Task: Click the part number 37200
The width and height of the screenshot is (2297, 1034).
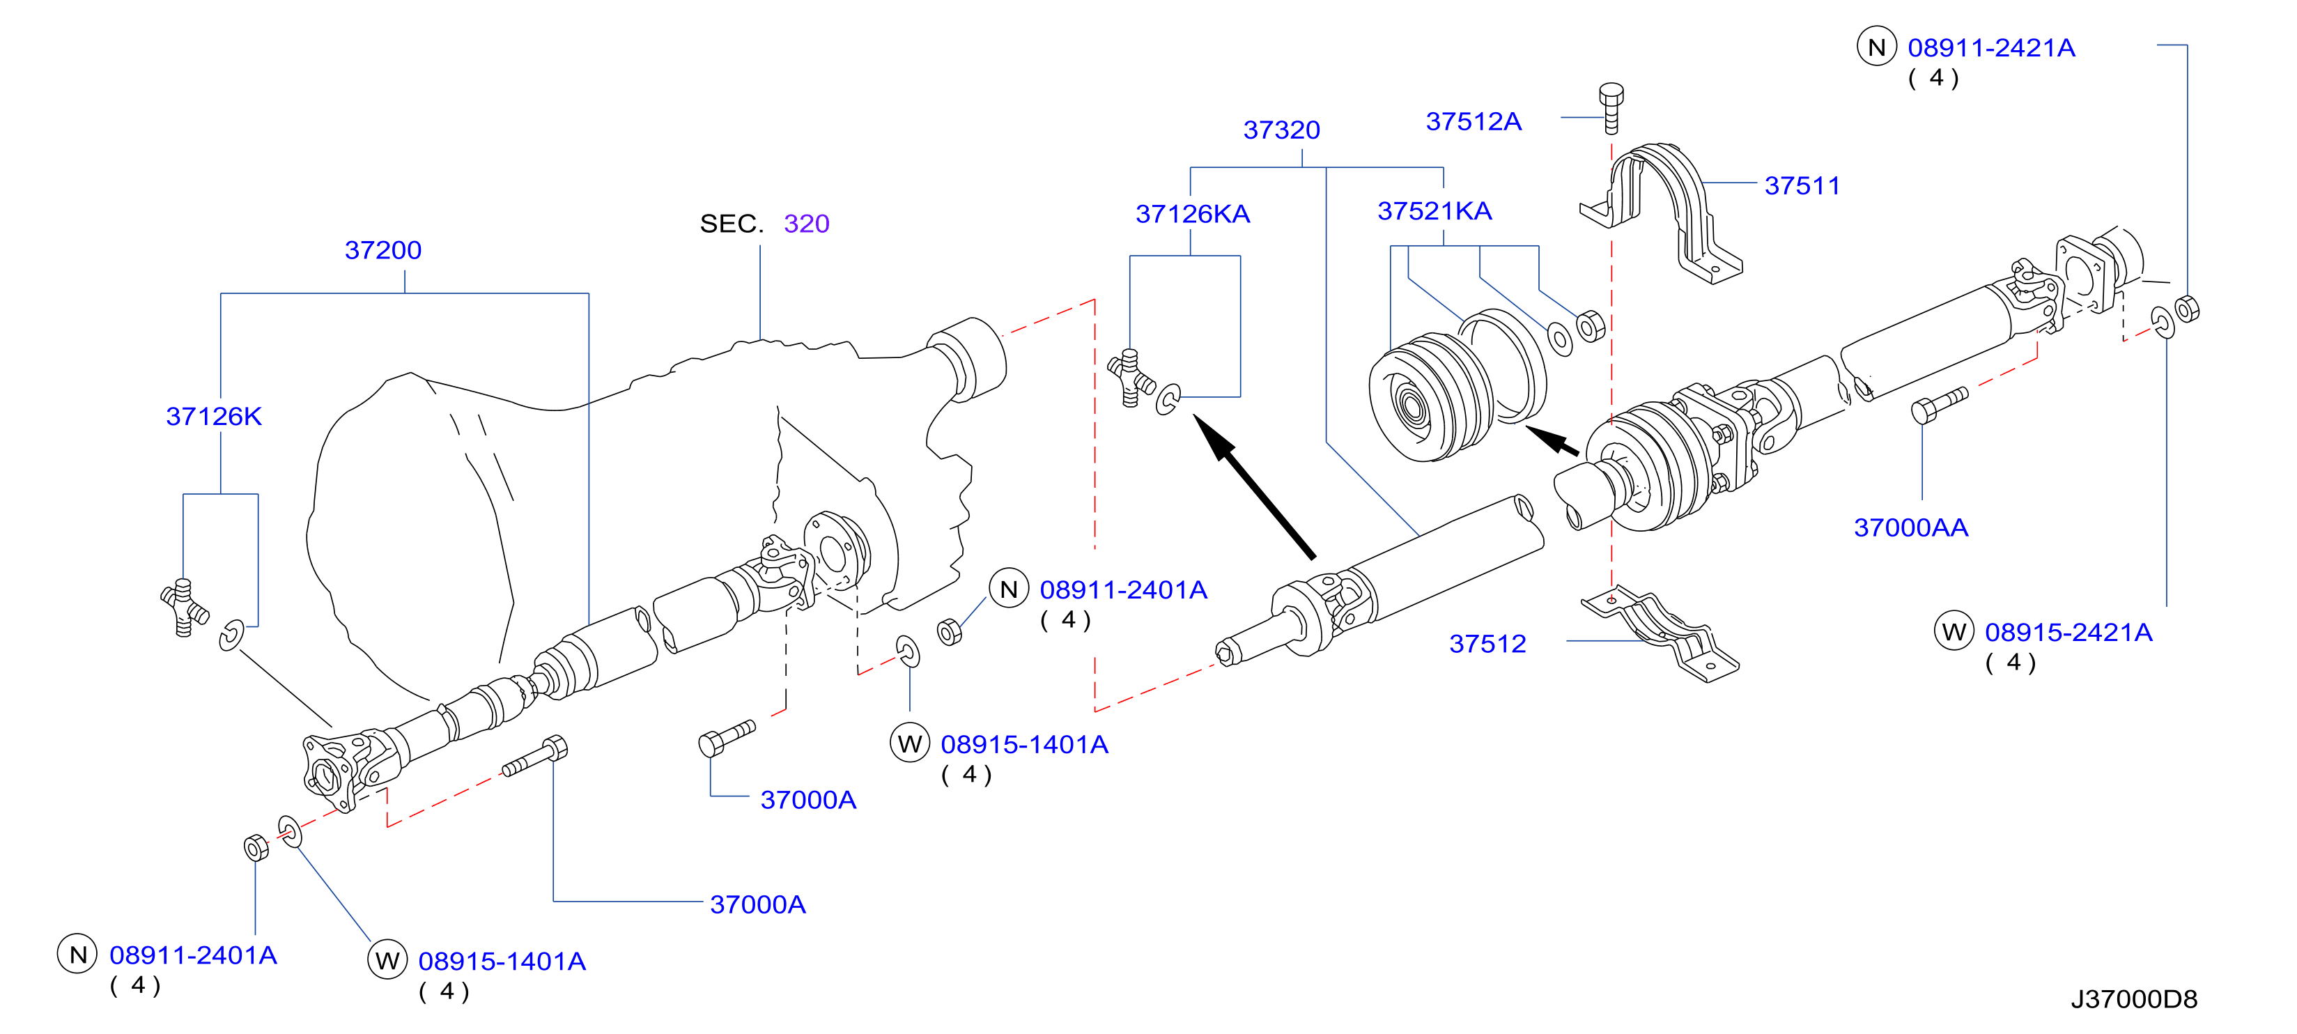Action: point(382,250)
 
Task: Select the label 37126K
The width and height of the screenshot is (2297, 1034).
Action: point(214,416)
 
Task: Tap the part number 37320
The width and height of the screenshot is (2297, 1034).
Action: point(1281,130)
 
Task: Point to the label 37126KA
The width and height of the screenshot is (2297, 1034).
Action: point(1193,213)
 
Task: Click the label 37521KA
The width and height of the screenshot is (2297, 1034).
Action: point(1434,210)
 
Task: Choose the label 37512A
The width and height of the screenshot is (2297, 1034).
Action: point(1474,121)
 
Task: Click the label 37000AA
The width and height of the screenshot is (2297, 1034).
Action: point(1911,527)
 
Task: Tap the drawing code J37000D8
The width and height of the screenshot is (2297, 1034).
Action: point(2134,998)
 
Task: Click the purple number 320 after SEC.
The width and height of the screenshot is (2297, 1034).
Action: point(807,223)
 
